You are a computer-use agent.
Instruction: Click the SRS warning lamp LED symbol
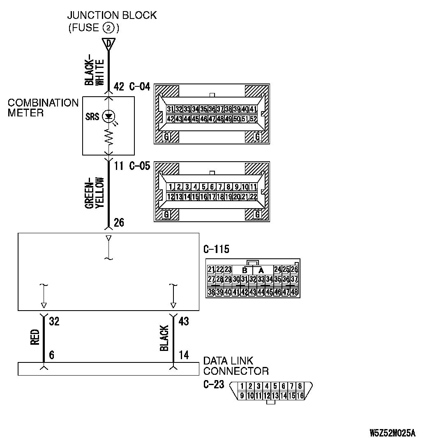[x=108, y=116]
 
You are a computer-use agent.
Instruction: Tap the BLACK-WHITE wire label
[x=95, y=71]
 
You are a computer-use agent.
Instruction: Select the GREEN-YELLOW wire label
[x=95, y=193]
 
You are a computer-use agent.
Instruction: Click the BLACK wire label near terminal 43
[x=164, y=339]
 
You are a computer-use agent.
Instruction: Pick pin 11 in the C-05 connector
[x=254, y=187]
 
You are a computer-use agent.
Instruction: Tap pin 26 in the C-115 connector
[x=294, y=270]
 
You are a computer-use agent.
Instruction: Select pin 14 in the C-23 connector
[x=284, y=396]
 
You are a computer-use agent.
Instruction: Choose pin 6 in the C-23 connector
[x=284, y=386]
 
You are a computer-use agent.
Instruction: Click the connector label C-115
[x=216, y=250]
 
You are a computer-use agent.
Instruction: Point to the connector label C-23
[x=214, y=385]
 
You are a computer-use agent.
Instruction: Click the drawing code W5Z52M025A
[x=392, y=433]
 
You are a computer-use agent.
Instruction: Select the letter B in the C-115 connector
[x=245, y=271]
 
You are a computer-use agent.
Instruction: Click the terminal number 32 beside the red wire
[x=54, y=321]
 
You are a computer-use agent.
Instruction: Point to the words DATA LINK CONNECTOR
[x=236, y=366]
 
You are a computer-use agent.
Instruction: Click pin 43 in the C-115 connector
[x=253, y=292]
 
